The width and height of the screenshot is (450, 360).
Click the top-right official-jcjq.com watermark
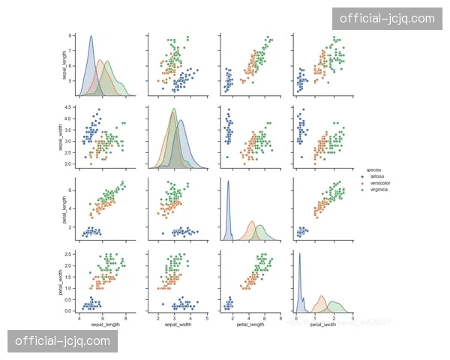pyautogui.click(x=387, y=19)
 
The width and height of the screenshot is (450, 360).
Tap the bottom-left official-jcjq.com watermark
pyautogui.click(x=62, y=341)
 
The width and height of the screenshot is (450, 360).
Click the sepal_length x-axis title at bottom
pyautogui.click(x=106, y=324)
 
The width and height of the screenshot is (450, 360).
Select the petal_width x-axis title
pyautogui.click(x=323, y=324)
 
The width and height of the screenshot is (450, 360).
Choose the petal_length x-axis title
pyautogui.click(x=250, y=324)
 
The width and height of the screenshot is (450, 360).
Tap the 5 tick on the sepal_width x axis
pyautogui.click(x=206, y=317)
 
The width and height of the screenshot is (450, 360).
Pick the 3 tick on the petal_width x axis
pyautogui.click(x=352, y=317)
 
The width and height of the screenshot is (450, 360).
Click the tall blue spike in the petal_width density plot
pyautogui.click(x=300, y=254)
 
